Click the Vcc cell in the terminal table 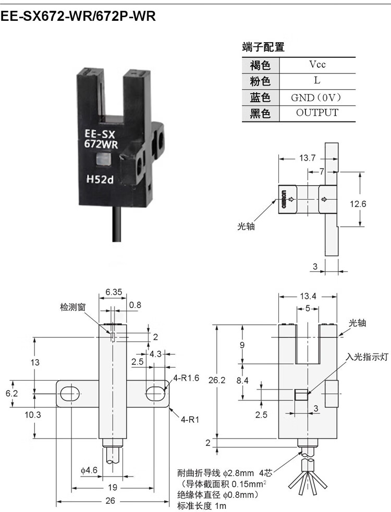[317, 65]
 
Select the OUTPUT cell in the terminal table [317, 113]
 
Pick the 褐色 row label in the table [261, 65]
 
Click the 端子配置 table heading [263, 47]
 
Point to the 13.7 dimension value [308, 159]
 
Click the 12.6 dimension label [358, 204]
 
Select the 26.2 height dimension [217, 381]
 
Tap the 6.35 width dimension [113, 292]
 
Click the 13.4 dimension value [308, 296]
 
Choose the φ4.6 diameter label [89, 470]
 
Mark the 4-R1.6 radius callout [186, 379]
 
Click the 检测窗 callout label [73, 307]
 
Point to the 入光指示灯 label [367, 357]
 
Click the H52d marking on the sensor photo [100, 179]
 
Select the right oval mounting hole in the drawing [155, 394]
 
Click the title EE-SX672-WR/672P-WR [78, 16]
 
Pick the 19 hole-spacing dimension [113, 487]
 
